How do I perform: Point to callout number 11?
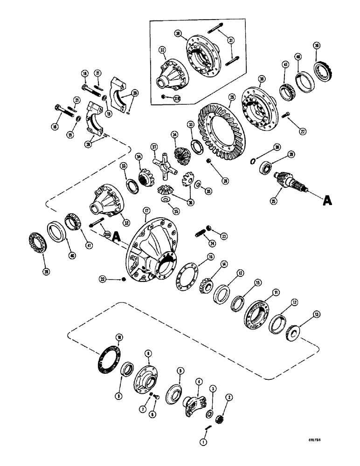276,292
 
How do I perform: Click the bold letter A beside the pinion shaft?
327,201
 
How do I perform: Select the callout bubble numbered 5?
179,371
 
